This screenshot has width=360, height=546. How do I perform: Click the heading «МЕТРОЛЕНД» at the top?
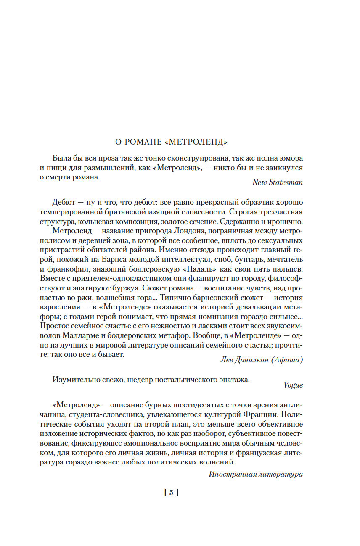[197, 142]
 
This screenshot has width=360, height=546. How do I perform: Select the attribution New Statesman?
[277, 182]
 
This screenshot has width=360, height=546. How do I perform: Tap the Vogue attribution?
[293, 385]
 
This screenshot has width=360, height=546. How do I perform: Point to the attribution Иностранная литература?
[256, 474]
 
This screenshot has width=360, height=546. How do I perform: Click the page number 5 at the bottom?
[171, 492]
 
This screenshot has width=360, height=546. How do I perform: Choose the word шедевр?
[129, 380]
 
